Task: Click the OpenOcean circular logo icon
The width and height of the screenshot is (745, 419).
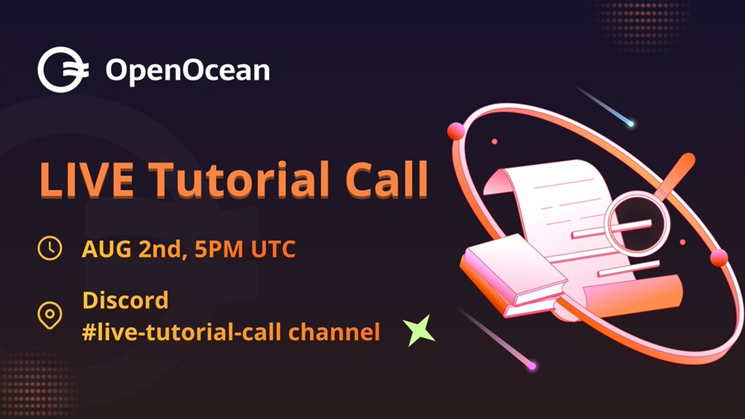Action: [63, 69]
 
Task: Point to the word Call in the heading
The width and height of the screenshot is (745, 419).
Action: [386, 179]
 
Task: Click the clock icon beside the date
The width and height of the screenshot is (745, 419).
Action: [50, 248]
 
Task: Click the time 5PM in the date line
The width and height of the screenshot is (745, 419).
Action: [219, 249]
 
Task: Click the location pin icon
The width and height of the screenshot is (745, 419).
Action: [50, 315]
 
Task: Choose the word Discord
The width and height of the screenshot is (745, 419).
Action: [125, 300]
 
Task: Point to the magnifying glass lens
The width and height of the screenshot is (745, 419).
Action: [637, 224]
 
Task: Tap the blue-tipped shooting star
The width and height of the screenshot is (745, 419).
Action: [604, 106]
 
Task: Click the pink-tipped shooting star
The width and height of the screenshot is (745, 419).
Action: [497, 338]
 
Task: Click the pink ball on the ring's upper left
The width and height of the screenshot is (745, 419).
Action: [456, 130]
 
